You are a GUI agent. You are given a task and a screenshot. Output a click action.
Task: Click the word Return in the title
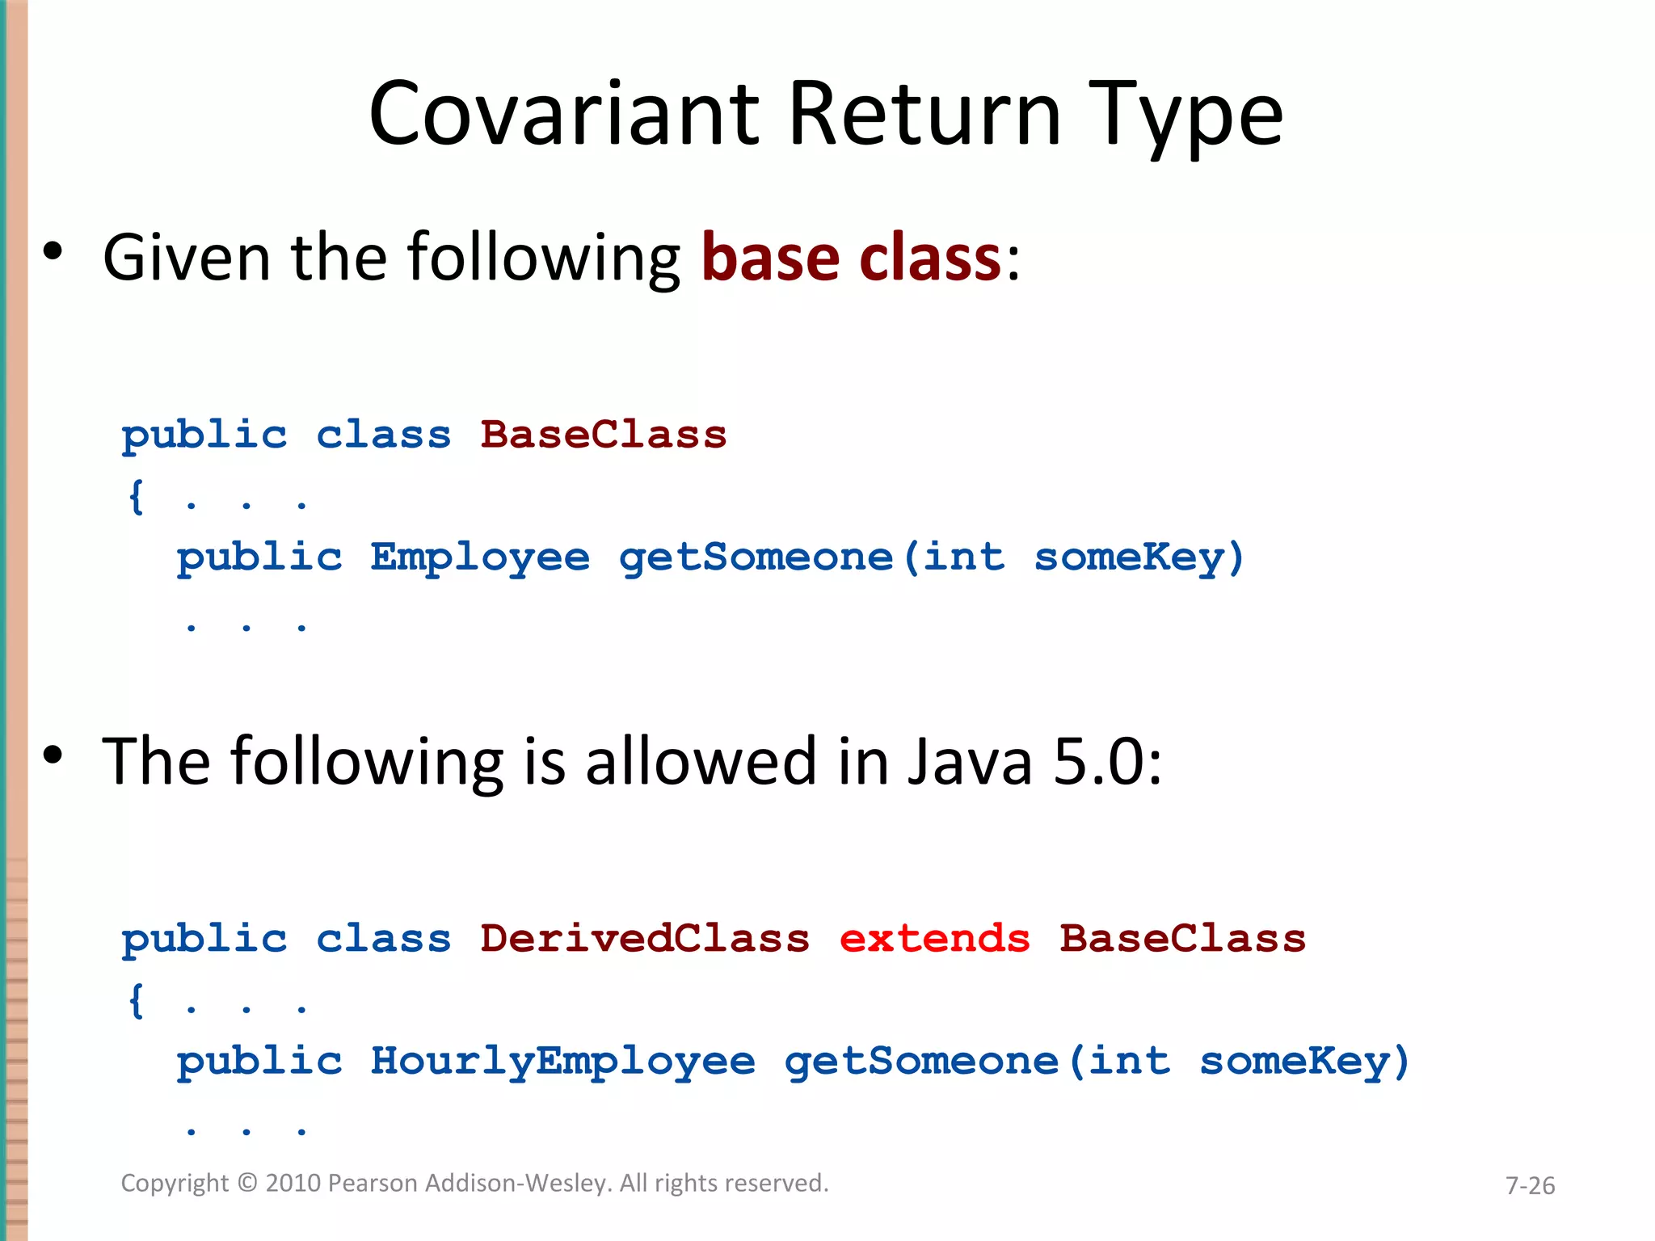[x=924, y=115]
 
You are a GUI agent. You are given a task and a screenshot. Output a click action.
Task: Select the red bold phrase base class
[x=851, y=258]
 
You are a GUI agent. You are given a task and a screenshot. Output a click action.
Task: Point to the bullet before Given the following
[x=53, y=251]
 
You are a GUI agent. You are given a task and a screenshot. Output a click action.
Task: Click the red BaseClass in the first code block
[x=603, y=435]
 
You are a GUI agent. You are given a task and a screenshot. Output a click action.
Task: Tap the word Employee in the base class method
[x=480, y=557]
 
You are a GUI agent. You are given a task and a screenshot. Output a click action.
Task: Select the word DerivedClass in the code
[x=644, y=939]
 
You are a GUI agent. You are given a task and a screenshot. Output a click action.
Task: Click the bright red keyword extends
[x=934, y=939]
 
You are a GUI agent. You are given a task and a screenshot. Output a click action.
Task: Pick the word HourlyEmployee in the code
[x=562, y=1062]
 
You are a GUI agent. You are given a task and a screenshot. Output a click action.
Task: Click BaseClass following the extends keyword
[x=1182, y=939]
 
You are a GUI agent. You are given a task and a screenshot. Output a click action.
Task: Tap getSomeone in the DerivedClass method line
[x=921, y=1062]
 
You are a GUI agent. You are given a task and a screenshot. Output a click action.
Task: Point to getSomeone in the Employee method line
[x=756, y=557]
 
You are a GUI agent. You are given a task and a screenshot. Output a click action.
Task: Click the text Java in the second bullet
[x=970, y=762]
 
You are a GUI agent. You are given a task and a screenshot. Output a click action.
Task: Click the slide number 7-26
[x=1530, y=1185]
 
